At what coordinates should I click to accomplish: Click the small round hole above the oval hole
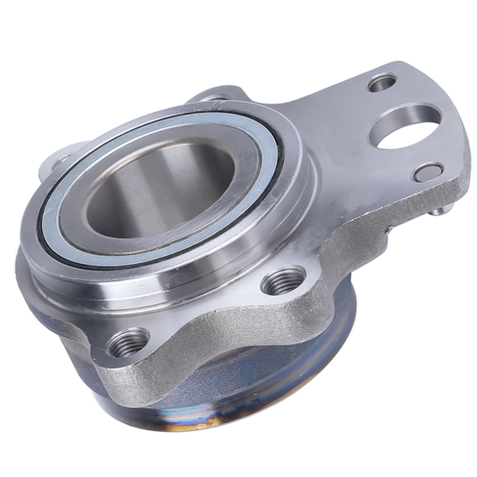(x=383, y=82)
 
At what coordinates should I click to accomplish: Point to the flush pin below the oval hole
(x=428, y=171)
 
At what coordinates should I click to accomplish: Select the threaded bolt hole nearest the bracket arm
(x=283, y=281)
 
